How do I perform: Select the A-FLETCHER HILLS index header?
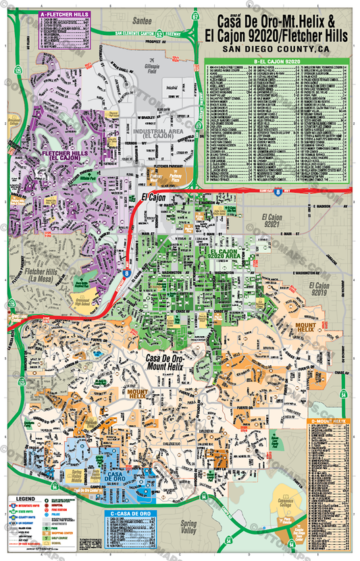(x=64, y=14)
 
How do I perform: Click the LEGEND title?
(x=24, y=500)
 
